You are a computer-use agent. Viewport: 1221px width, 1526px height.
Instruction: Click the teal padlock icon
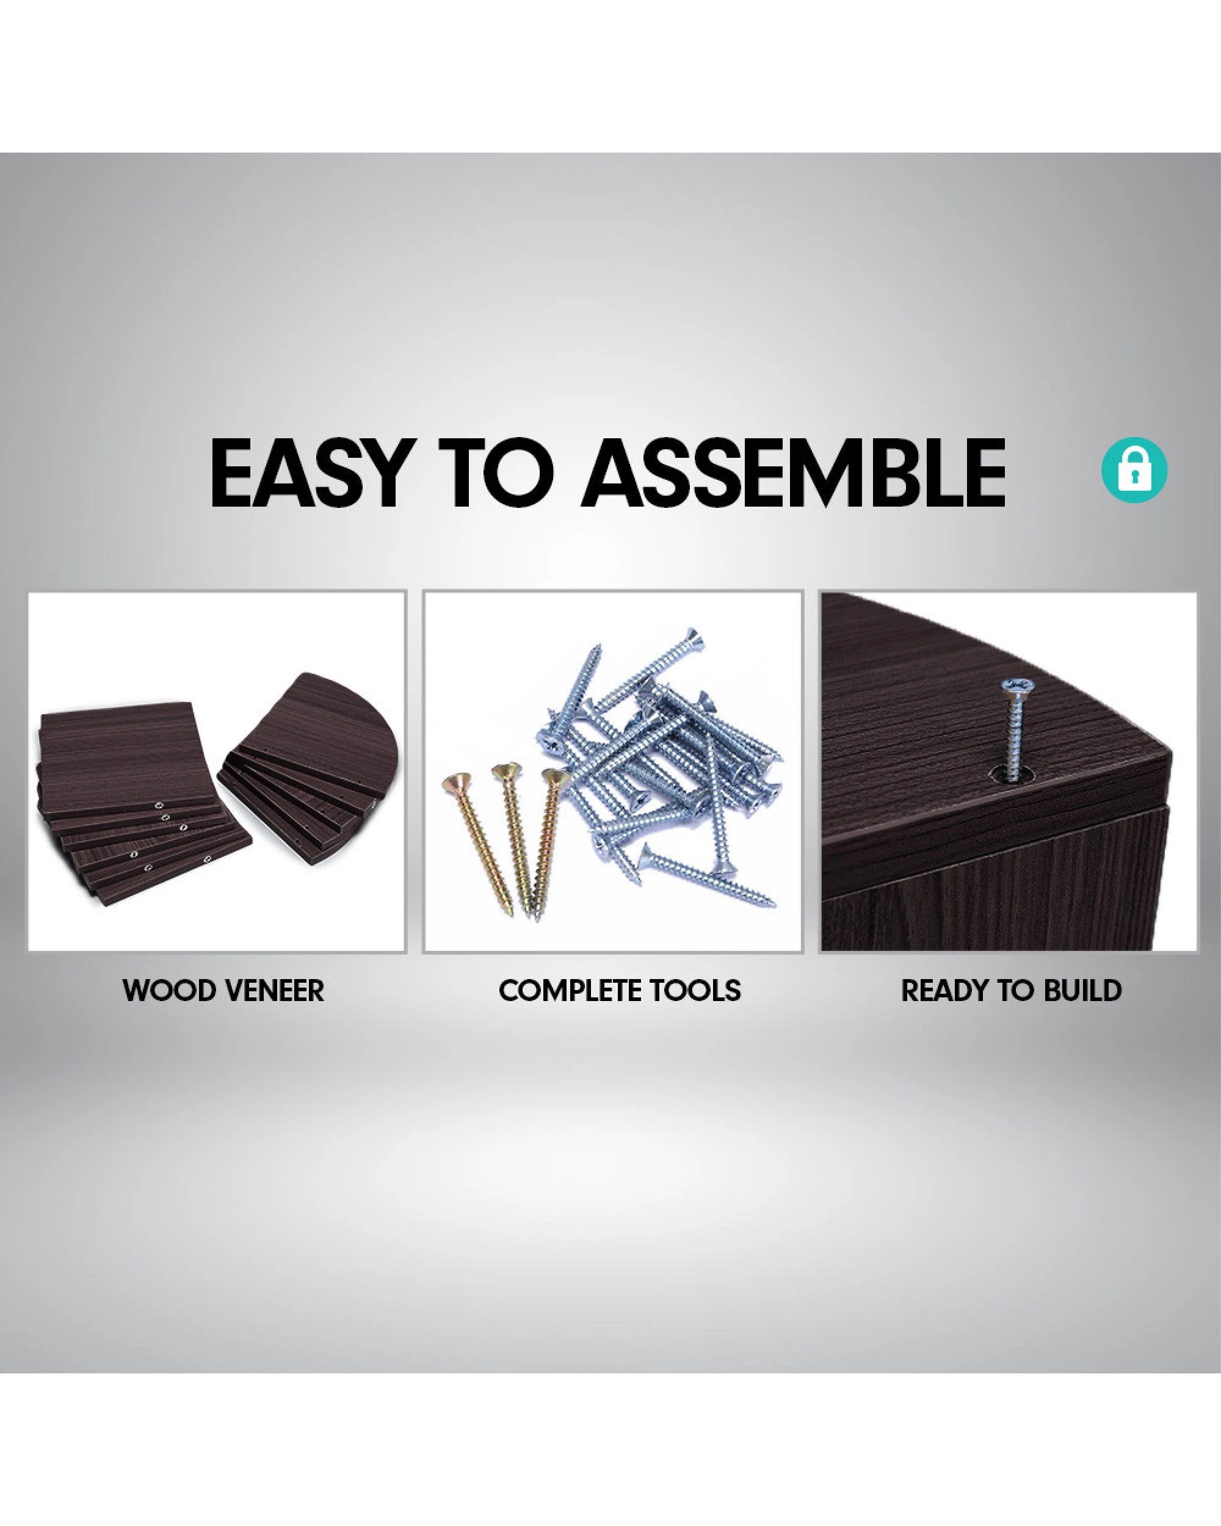1134,470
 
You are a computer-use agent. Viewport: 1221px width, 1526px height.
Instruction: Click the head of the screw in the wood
1013,687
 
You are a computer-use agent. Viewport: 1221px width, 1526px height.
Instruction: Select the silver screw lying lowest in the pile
708,877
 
